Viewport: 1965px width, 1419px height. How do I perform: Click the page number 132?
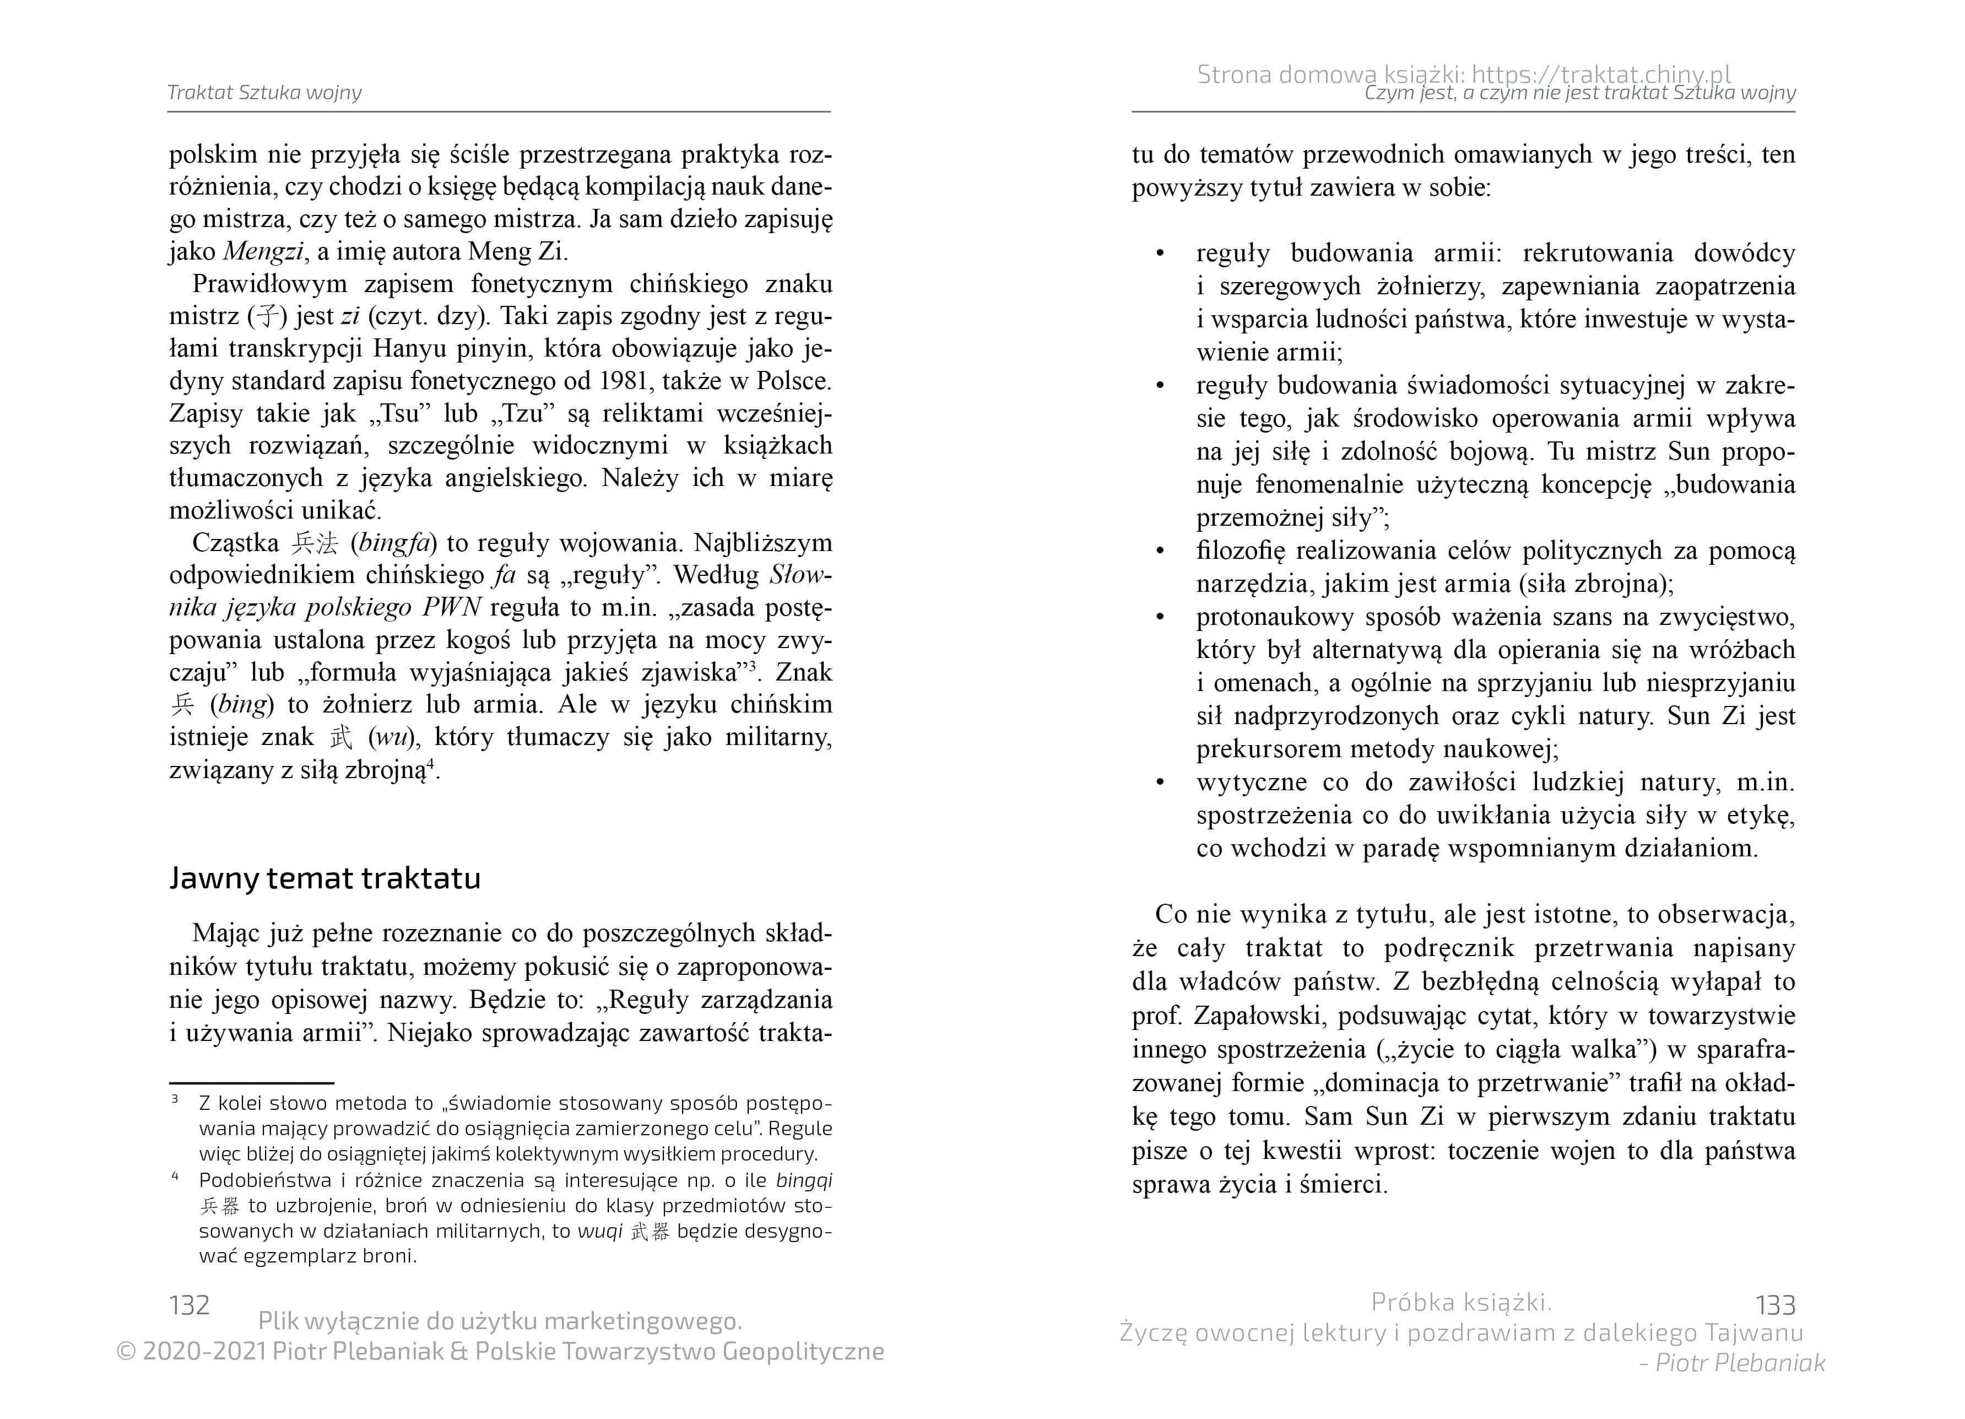pyautogui.click(x=189, y=1304)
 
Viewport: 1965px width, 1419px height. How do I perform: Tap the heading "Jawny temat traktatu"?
pyautogui.click(x=325, y=878)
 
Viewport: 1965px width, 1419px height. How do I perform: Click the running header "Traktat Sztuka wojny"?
pyautogui.click(x=264, y=93)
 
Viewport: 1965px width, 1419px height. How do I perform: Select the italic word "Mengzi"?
pyautogui.click(x=263, y=251)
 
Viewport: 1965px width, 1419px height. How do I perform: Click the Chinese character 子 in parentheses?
pyautogui.click(x=267, y=316)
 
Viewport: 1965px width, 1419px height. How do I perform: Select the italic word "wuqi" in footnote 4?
pyautogui.click(x=599, y=1231)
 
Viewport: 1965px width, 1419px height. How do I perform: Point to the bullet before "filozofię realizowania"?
pyautogui.click(x=1160, y=551)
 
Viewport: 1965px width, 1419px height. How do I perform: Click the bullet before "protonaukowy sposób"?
pyautogui.click(x=1160, y=617)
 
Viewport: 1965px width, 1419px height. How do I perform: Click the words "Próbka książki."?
pyautogui.click(x=1461, y=1302)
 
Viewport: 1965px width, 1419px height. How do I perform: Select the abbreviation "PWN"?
pyautogui.click(x=451, y=608)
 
